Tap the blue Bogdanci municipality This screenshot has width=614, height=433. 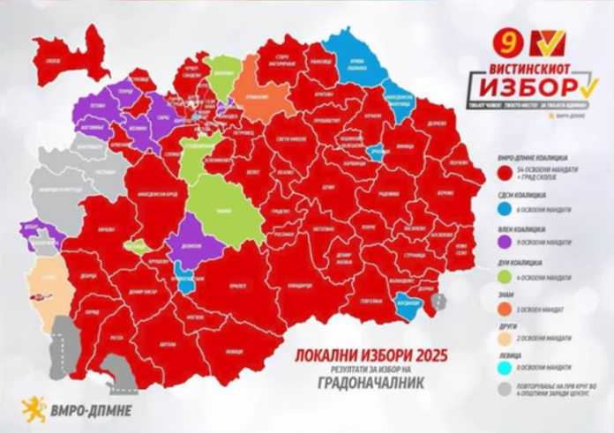click(x=408, y=304)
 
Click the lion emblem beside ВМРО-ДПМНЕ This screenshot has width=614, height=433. click(x=33, y=408)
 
